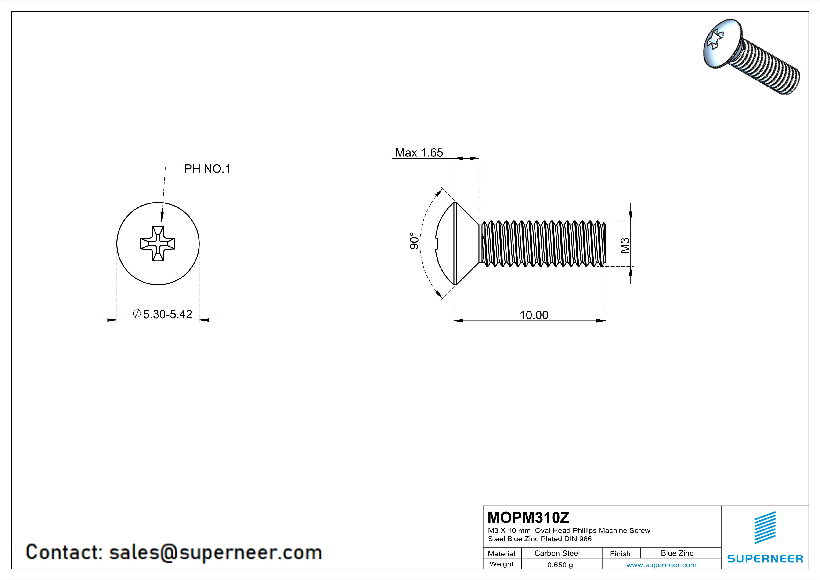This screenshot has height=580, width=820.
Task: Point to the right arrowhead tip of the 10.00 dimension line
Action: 606,321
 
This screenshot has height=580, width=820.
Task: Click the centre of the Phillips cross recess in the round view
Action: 158,243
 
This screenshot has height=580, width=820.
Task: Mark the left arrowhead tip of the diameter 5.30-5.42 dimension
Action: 117,320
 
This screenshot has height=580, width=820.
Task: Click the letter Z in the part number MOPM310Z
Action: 564,517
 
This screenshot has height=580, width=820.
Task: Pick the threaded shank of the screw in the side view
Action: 542,243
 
